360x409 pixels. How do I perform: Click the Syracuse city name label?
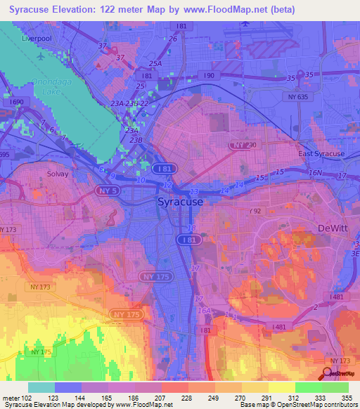tap(179, 202)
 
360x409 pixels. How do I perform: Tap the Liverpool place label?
tap(37, 39)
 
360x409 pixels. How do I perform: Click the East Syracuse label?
tap(321, 154)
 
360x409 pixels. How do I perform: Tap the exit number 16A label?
tap(204, 311)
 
